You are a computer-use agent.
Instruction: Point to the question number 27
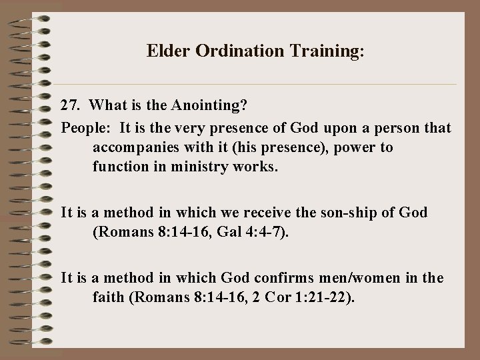(x=70, y=105)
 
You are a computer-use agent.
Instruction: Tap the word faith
(x=108, y=297)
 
